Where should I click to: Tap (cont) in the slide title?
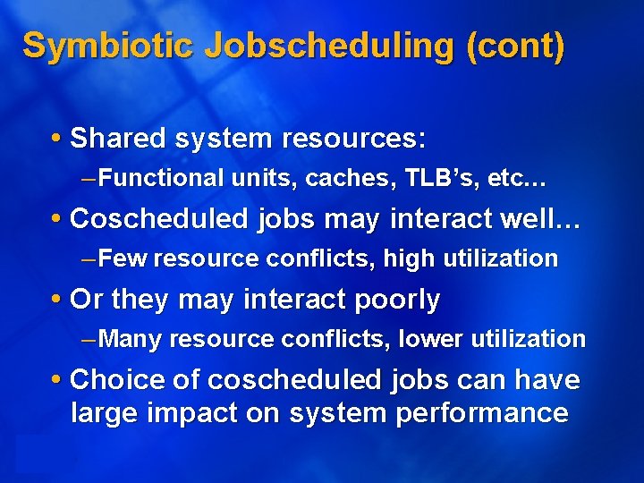[515, 46]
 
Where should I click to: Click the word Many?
[131, 339]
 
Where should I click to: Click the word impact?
[200, 412]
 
